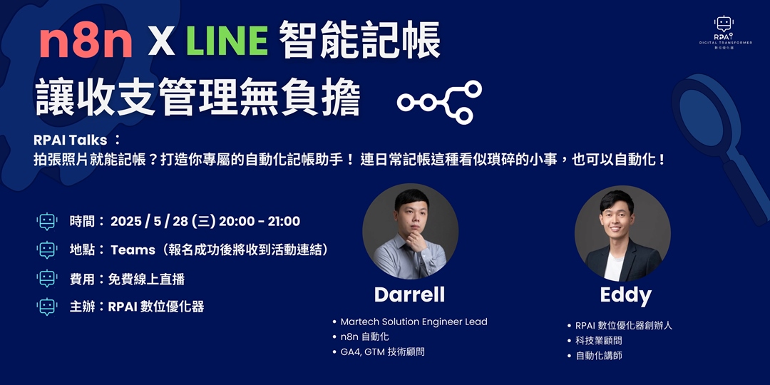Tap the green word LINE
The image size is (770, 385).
(x=227, y=41)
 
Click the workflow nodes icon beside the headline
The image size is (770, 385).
(x=440, y=102)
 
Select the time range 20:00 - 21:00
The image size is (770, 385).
(x=260, y=222)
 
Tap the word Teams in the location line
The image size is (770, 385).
(x=133, y=250)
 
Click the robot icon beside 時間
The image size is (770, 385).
(x=47, y=222)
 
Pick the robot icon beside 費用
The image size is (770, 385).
(x=47, y=278)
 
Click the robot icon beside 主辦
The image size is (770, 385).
(x=47, y=307)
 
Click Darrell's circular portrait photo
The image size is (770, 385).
(x=410, y=231)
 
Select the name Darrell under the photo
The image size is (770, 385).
(x=409, y=294)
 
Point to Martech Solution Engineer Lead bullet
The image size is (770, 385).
(x=414, y=322)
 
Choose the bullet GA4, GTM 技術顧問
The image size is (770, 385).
(x=382, y=351)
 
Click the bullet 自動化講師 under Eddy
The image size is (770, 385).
(x=599, y=355)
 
